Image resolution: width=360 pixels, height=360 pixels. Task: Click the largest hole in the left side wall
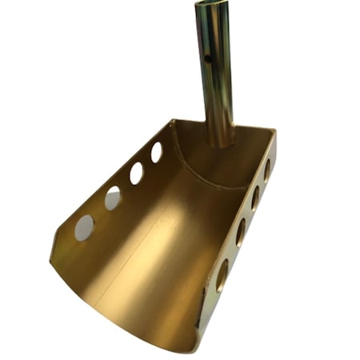pyautogui.click(x=84, y=227)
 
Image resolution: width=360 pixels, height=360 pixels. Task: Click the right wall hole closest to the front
pyautogui.click(x=222, y=274)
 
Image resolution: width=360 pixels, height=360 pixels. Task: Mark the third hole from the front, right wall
pyautogui.click(x=254, y=198)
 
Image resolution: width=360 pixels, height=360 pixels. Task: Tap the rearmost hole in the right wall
pyautogui.click(x=266, y=169)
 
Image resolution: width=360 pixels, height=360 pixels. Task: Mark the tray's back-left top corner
pyautogui.click(x=172, y=121)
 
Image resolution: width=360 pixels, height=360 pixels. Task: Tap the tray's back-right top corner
pyautogui.click(x=274, y=132)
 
